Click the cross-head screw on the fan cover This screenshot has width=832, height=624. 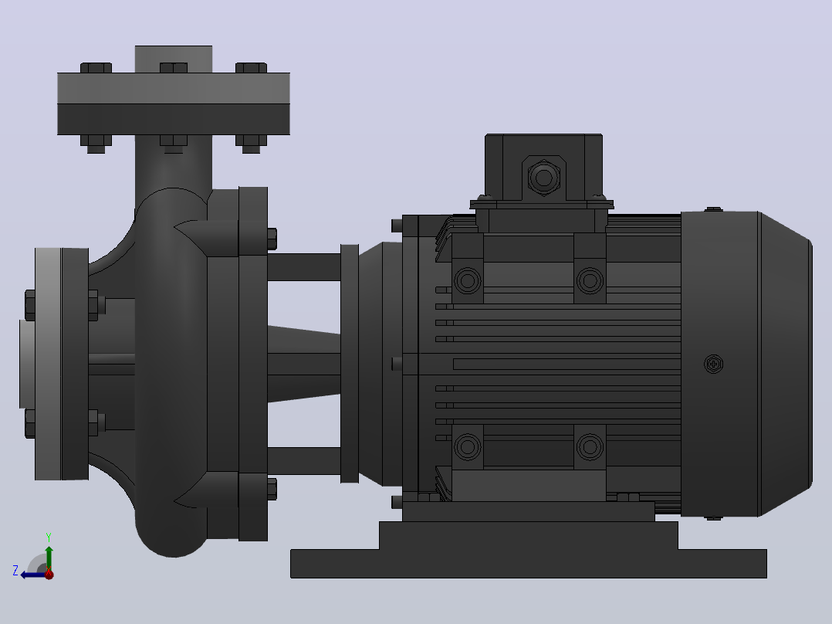pos(714,365)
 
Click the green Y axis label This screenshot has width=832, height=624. pos(49,537)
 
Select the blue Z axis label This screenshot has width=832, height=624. pos(15,571)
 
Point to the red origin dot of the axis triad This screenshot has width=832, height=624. pos(49,574)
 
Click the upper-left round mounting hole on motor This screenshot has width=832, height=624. pos(468,280)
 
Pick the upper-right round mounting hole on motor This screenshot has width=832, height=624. pos(590,280)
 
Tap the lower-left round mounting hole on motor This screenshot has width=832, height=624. pos(468,446)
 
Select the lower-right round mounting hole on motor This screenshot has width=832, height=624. pos(590,446)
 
